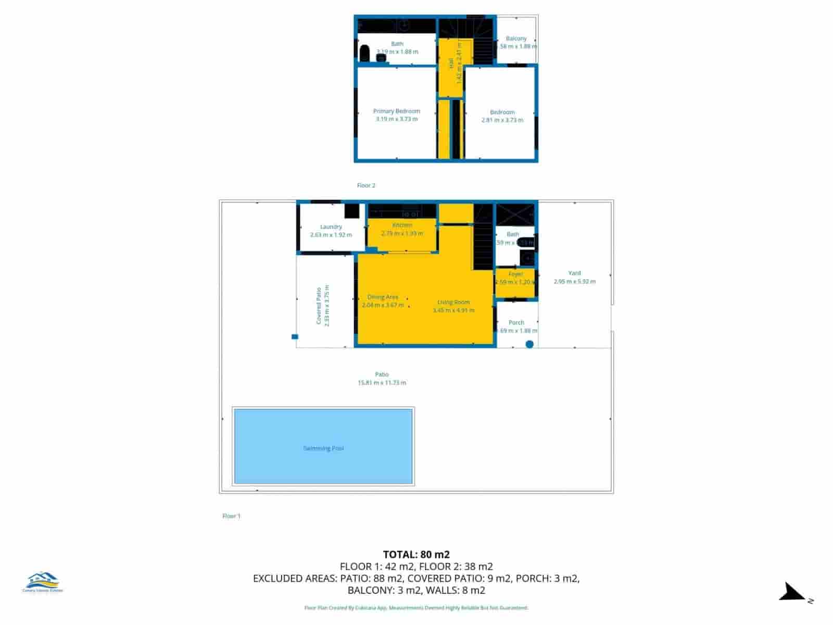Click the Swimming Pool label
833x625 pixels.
click(x=323, y=448)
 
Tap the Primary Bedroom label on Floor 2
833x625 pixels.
click(x=396, y=111)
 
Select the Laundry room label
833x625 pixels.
click(x=331, y=227)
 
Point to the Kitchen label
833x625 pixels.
click(x=402, y=225)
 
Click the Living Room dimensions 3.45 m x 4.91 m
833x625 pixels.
click(x=453, y=310)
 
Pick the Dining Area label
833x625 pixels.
click(x=383, y=297)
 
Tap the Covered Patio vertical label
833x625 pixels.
click(x=319, y=306)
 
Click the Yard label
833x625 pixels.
click(x=574, y=273)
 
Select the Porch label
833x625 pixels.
click(x=516, y=322)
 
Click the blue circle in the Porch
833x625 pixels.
click(x=529, y=344)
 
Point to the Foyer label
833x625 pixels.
click(x=515, y=274)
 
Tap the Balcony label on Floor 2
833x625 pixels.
click(x=516, y=39)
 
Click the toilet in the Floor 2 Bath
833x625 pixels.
click(x=365, y=53)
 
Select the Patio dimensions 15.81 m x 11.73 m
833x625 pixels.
click(x=382, y=383)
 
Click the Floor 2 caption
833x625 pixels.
click(x=366, y=185)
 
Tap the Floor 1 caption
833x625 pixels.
click(x=231, y=516)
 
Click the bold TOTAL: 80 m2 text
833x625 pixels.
click(x=416, y=555)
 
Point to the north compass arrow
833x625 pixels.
click(x=792, y=593)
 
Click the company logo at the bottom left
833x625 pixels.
click(x=43, y=582)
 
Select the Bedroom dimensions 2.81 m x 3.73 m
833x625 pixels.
click(x=502, y=120)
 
